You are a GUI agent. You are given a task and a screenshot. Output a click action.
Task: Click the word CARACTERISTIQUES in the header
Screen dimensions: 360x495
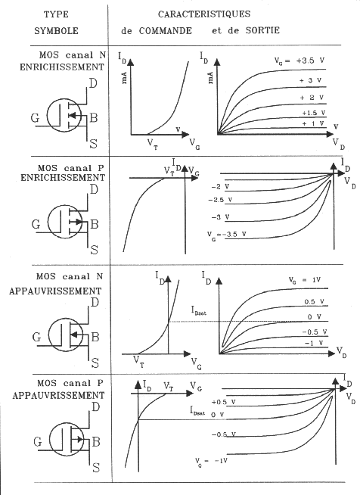point(203,14)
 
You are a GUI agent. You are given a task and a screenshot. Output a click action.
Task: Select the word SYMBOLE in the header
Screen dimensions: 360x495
point(56,30)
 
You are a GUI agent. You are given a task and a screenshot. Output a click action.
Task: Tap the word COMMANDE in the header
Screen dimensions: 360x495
point(166,30)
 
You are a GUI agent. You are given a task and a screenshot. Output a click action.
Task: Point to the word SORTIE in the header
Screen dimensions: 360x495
point(262,30)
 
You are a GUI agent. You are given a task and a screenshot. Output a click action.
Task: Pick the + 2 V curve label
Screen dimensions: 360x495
point(312,98)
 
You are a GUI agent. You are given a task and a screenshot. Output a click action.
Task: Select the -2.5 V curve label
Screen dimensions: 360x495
point(220,200)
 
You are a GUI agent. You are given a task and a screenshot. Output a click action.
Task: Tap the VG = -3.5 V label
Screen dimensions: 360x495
point(227,235)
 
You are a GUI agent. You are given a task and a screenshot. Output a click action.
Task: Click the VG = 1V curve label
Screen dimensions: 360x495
point(305,280)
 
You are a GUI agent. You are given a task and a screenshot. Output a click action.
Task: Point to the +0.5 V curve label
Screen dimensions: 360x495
point(223,402)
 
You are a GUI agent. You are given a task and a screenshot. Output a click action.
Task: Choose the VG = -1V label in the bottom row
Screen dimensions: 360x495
point(211,462)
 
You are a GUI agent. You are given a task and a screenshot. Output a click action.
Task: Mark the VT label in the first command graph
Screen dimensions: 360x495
point(153,145)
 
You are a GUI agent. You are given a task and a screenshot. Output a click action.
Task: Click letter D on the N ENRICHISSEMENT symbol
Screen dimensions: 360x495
point(93,84)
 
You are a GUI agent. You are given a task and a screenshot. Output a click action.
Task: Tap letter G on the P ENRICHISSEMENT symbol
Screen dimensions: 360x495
point(36,225)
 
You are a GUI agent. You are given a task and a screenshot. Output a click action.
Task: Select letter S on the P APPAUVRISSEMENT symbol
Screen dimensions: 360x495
point(96,467)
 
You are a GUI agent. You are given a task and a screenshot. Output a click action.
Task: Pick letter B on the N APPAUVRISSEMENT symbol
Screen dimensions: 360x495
point(95,337)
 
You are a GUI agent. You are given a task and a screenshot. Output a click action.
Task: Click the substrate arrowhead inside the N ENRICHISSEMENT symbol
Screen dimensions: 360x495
point(73,115)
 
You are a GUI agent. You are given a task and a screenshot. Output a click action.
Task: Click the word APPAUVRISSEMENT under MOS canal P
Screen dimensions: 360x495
point(58,395)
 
